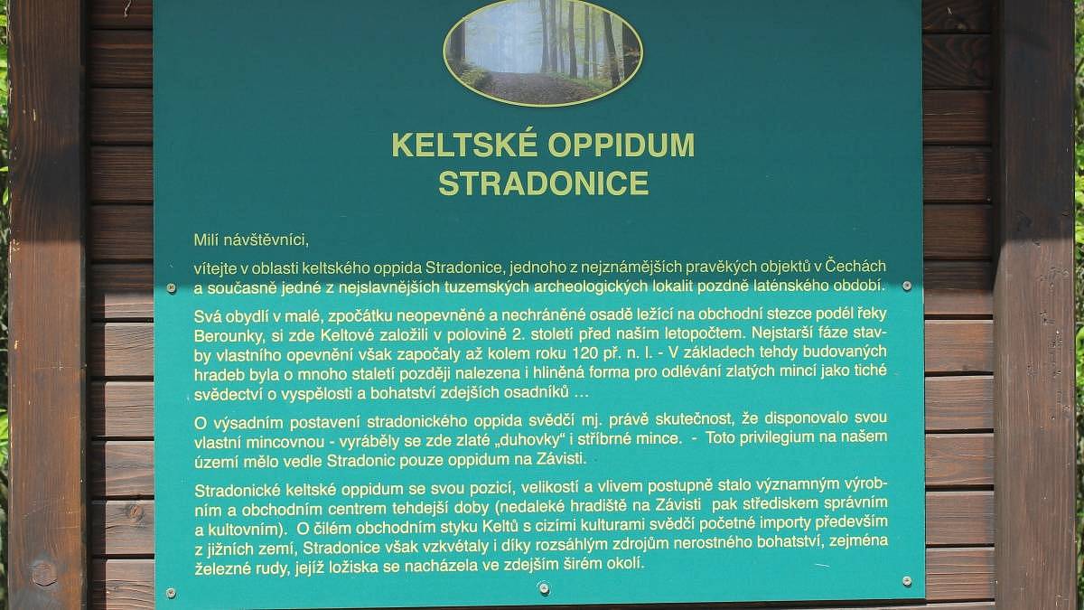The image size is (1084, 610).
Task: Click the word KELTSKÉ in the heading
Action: [464, 145]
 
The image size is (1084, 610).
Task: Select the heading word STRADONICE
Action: [543, 183]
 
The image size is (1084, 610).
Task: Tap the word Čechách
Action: [855, 266]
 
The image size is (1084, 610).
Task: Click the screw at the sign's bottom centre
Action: [544, 588]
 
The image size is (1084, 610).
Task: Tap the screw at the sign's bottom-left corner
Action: [171, 593]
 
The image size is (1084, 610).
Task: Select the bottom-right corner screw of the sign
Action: [907, 580]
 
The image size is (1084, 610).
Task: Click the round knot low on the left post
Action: [43, 573]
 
